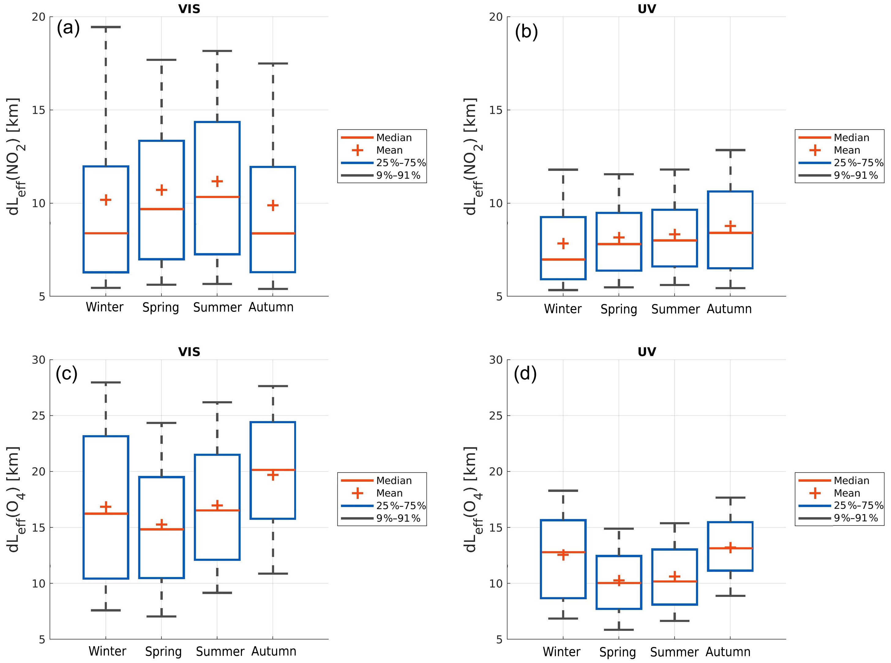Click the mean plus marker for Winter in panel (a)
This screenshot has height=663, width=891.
106,200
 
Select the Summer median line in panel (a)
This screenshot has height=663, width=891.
217,197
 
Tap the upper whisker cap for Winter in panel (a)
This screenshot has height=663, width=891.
106,27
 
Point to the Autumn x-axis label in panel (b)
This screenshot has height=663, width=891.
729,309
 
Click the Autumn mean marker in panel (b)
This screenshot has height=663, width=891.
730,226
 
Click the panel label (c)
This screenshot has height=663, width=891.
67,374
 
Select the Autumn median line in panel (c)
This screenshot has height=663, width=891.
273,470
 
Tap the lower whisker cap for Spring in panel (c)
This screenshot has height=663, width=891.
161,616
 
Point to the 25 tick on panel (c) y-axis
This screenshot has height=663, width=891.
39,415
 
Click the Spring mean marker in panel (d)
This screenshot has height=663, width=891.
619,580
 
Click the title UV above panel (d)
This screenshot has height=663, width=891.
646,352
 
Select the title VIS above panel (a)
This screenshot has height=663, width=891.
189,9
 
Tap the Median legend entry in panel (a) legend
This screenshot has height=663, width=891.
394,138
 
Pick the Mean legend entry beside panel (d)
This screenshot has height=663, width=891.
846,493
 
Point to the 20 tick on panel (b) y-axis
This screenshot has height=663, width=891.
496,17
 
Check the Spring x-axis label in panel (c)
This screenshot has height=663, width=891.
163,651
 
